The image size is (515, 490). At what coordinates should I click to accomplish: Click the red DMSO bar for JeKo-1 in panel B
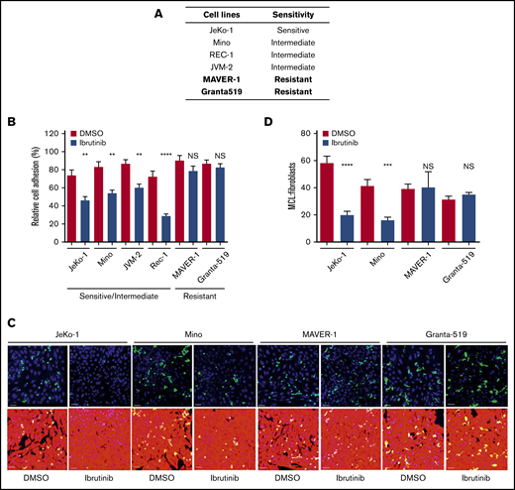(x=71, y=189)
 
